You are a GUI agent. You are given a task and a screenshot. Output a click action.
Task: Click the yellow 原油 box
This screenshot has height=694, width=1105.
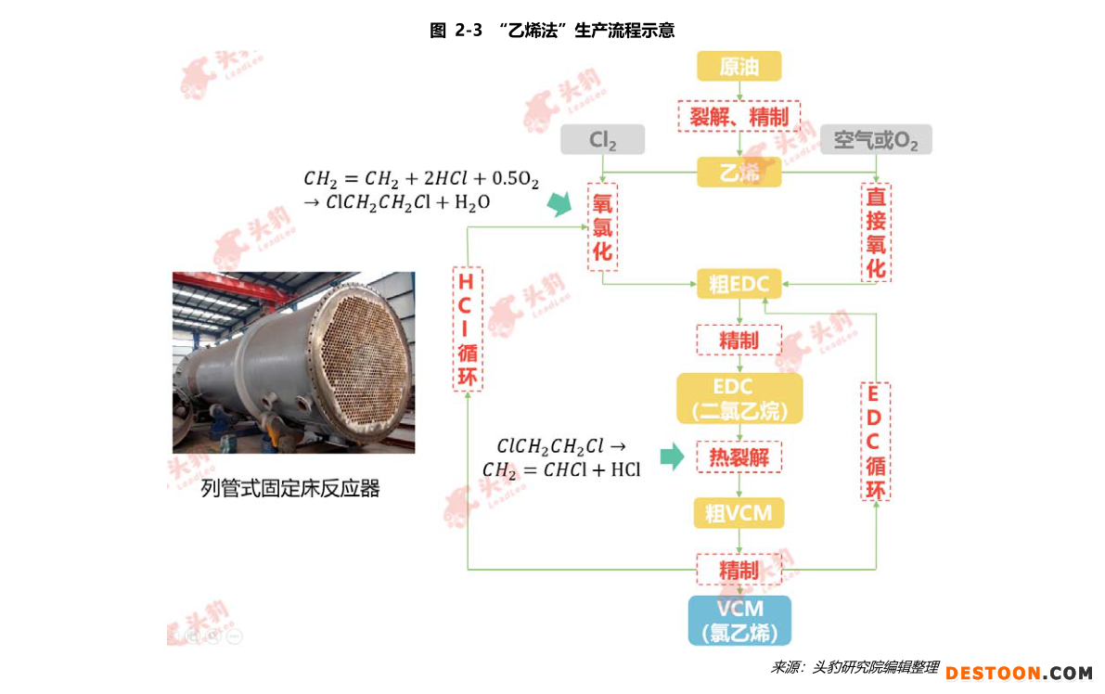pyautogui.click(x=739, y=66)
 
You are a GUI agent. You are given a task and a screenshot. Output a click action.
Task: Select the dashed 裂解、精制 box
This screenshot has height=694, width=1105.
pyautogui.click(x=739, y=116)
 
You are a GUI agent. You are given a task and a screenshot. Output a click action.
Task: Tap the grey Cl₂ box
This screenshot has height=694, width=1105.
pyautogui.click(x=602, y=139)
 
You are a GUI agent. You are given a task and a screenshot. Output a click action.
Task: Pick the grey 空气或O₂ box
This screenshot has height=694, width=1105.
pyautogui.click(x=876, y=139)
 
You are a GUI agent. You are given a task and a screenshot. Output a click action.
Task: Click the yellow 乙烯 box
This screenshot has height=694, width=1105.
pyautogui.click(x=739, y=172)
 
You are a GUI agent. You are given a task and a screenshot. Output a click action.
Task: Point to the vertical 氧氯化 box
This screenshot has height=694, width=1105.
pyautogui.click(x=602, y=227)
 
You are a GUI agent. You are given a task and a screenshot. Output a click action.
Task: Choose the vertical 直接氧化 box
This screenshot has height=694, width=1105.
pyautogui.click(x=876, y=233)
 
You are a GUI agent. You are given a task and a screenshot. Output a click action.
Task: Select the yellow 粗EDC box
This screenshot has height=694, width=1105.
pyautogui.click(x=739, y=283)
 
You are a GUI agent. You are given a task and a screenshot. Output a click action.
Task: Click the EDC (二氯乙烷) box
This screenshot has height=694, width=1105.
pyautogui.click(x=739, y=398)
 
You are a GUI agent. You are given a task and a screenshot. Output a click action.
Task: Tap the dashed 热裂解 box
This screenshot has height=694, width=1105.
pyautogui.click(x=739, y=457)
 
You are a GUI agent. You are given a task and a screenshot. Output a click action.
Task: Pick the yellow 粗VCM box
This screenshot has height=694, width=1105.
pyautogui.click(x=739, y=513)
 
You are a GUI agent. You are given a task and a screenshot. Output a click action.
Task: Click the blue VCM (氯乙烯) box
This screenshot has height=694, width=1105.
pyautogui.click(x=739, y=620)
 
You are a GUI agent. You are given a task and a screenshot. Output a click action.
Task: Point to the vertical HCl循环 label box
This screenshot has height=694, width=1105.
pyautogui.click(x=468, y=328)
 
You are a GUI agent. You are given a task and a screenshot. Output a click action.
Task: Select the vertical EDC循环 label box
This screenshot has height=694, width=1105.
pyautogui.click(x=875, y=441)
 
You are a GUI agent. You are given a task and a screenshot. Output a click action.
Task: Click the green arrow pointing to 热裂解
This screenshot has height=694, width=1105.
pyautogui.click(x=673, y=456)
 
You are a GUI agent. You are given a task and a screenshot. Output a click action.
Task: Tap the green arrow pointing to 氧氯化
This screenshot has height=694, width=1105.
pyautogui.click(x=560, y=203)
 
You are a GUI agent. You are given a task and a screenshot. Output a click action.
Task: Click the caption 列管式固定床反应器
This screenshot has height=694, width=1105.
pyautogui.click(x=290, y=487)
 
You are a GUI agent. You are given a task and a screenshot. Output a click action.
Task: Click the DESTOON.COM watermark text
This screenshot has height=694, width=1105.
pyautogui.click(x=1019, y=673)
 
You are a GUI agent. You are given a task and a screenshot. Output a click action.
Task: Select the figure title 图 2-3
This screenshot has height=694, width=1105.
pyautogui.click(x=456, y=31)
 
